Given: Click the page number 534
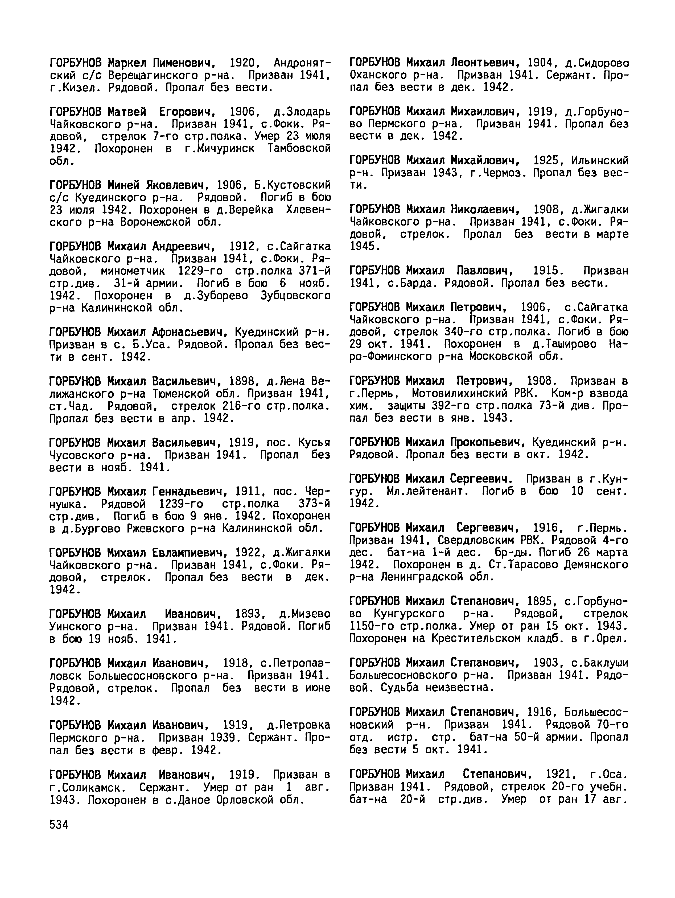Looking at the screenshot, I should click(x=59, y=825).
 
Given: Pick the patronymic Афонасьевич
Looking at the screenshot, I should click(x=190, y=332).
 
